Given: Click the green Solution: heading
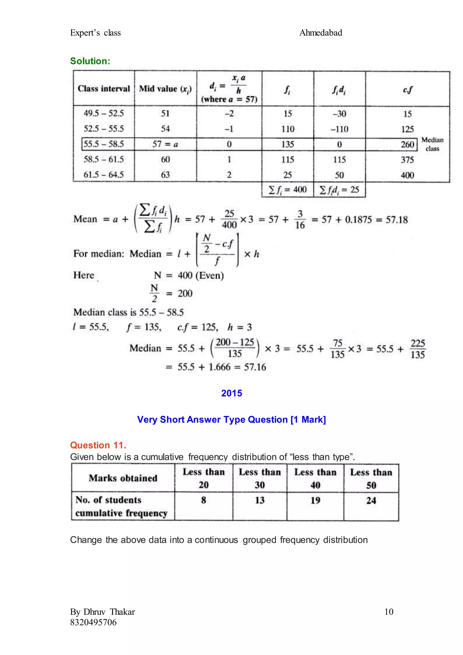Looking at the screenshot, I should click(90, 61).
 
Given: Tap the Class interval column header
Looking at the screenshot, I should click(104, 89).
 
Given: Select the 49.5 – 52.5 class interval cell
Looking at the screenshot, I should click(104, 114).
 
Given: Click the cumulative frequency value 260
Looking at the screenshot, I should click(407, 145).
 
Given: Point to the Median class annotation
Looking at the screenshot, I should click(432, 144).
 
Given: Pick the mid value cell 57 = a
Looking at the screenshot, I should click(165, 144).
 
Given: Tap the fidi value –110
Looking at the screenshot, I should click(339, 129).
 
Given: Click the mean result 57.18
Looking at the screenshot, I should click(397, 220).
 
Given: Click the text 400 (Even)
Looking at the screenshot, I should click(201, 275).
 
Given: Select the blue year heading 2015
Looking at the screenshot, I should click(231, 393).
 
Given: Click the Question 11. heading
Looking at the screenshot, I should click(98, 445).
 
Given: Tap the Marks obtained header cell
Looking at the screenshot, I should click(123, 478).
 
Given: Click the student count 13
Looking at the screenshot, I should click(260, 500).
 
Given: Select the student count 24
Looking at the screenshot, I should click(371, 500).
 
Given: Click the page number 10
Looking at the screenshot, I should click(389, 612).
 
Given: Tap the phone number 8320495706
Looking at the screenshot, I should click(94, 622).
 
